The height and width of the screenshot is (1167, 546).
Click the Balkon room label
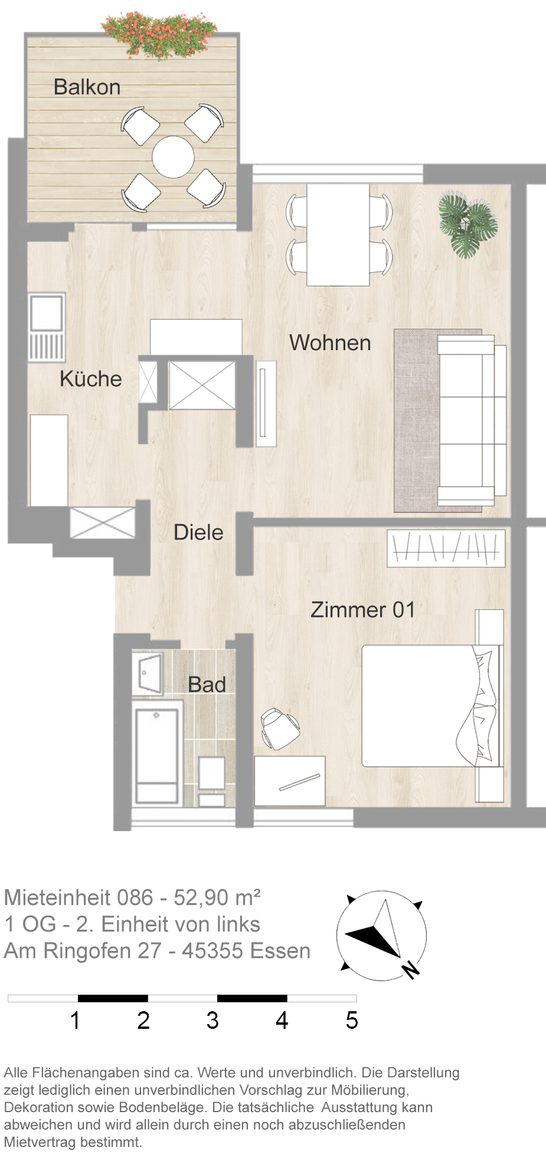87,87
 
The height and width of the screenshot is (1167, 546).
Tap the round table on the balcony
173,157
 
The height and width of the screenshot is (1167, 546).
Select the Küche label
91,379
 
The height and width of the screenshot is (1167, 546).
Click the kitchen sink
47,327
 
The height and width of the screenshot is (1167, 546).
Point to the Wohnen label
330,343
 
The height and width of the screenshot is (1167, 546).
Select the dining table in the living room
338,234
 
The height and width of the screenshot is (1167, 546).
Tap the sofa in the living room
472,420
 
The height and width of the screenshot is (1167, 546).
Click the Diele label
198,532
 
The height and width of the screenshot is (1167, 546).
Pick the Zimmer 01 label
363,610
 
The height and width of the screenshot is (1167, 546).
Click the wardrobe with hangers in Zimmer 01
446,548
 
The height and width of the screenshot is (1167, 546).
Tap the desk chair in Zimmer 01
279,728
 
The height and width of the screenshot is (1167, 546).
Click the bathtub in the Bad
157,755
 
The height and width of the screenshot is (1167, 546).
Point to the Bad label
207,685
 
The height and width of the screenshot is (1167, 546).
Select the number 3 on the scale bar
212,1021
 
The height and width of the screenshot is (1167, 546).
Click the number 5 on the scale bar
352,1021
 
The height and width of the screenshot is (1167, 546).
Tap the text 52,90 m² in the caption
217,898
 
